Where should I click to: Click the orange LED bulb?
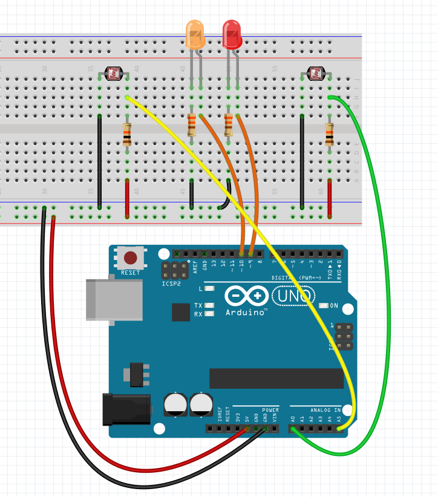195,34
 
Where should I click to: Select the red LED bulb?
232,34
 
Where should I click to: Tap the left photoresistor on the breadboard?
113,74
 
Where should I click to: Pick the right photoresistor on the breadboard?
316,74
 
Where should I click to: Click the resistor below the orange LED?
191,125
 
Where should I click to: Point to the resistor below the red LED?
228,125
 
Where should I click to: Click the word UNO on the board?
293,296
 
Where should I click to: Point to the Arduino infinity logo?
246,296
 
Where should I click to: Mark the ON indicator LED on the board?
324,306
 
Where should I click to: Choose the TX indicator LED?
209,306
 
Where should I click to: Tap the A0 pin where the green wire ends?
293,429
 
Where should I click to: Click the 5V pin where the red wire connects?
247,429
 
